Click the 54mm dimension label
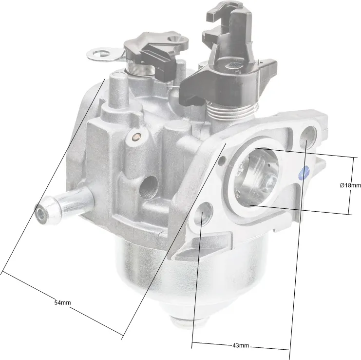pyautogui.click(x=62, y=302)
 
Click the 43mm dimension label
pyautogui.click(x=241, y=345)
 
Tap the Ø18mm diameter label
pyautogui.click(x=350, y=185)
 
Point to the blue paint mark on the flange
pyautogui.click(x=303, y=173)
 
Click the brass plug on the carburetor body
pyautogui.click(x=135, y=137)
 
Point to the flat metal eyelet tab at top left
pyautogui.click(x=105, y=55)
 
